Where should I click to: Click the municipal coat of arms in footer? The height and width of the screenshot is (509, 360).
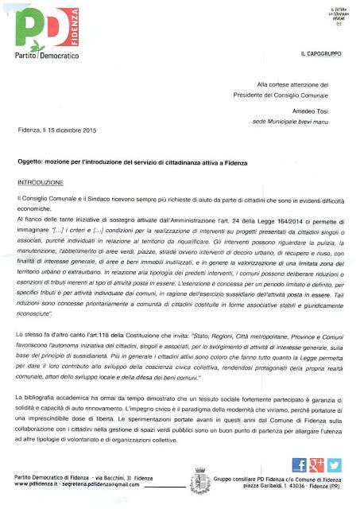[198, 480]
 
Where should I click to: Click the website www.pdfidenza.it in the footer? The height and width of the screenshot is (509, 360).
[41, 484]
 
